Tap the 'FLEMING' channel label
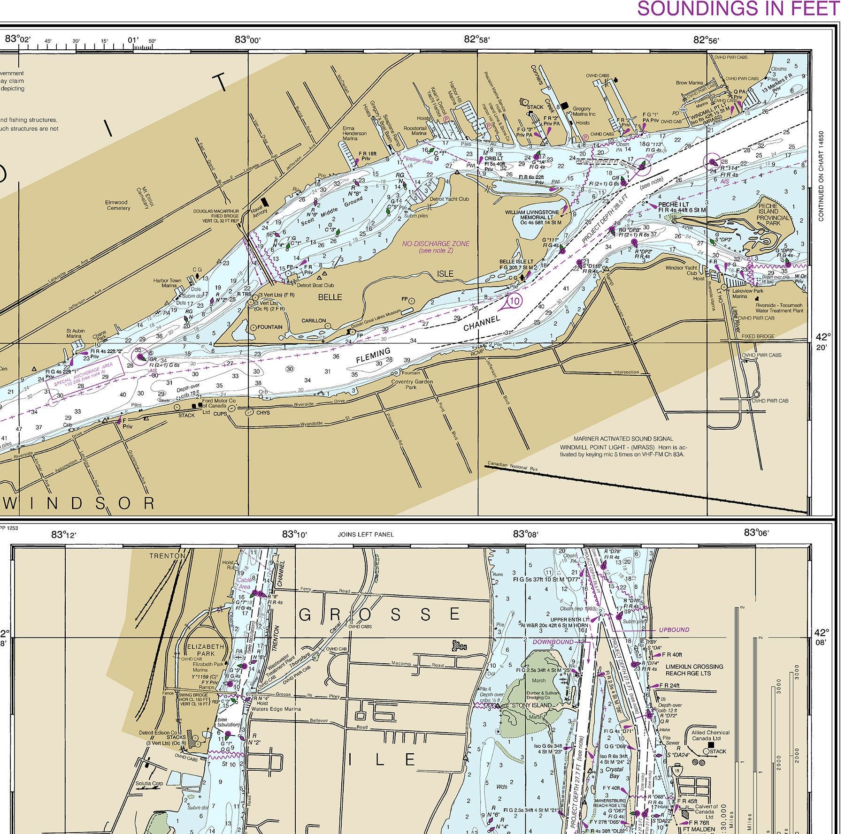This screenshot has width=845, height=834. (373, 355)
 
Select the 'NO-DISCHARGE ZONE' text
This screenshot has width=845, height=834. (435, 244)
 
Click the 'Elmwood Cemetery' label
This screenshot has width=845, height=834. (117, 205)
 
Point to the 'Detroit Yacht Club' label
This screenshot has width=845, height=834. (449, 199)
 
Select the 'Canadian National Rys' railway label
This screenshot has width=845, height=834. (512, 466)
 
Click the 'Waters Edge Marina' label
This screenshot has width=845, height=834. (276, 709)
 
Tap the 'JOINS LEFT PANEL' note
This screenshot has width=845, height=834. (366, 534)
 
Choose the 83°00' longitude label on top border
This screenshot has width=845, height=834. (247, 39)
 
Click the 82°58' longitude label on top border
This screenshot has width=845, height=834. (476, 39)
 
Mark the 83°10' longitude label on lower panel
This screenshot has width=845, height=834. (294, 534)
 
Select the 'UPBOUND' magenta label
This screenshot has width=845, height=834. (674, 630)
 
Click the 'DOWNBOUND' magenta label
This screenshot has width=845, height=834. (553, 642)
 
